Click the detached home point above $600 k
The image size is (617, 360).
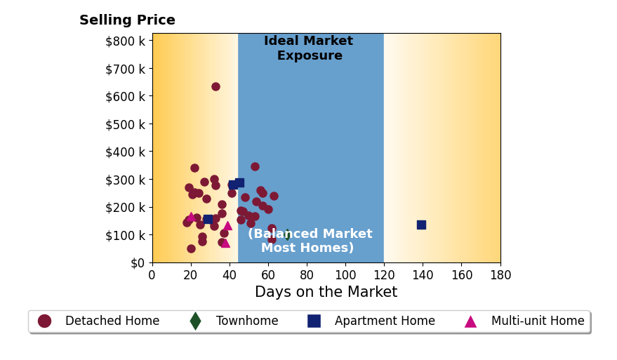coord(215,86)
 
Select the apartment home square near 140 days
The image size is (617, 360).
coord(421,225)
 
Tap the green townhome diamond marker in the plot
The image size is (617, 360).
coord(288,235)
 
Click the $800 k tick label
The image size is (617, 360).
coord(125,41)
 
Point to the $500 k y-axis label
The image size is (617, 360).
coord(125,124)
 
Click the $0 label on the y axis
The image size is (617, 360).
coord(138,263)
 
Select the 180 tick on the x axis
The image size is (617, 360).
coord(500,274)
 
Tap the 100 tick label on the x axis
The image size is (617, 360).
coord(345,274)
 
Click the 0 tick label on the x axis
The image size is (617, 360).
coord(152,274)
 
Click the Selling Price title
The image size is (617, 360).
coord(127,20)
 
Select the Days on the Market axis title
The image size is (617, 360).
coord(326,291)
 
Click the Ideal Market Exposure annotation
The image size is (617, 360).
coord(309,48)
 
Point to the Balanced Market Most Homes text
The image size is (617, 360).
coord(310,241)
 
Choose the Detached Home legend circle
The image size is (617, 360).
coord(44,321)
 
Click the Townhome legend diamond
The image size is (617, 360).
coord(195,321)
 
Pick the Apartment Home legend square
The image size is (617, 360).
coord(314,321)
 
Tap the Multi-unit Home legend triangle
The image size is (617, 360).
coord(470,322)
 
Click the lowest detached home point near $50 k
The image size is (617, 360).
coord(191,248)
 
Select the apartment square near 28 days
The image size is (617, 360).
coord(208,219)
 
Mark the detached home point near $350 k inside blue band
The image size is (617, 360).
coord(255,166)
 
